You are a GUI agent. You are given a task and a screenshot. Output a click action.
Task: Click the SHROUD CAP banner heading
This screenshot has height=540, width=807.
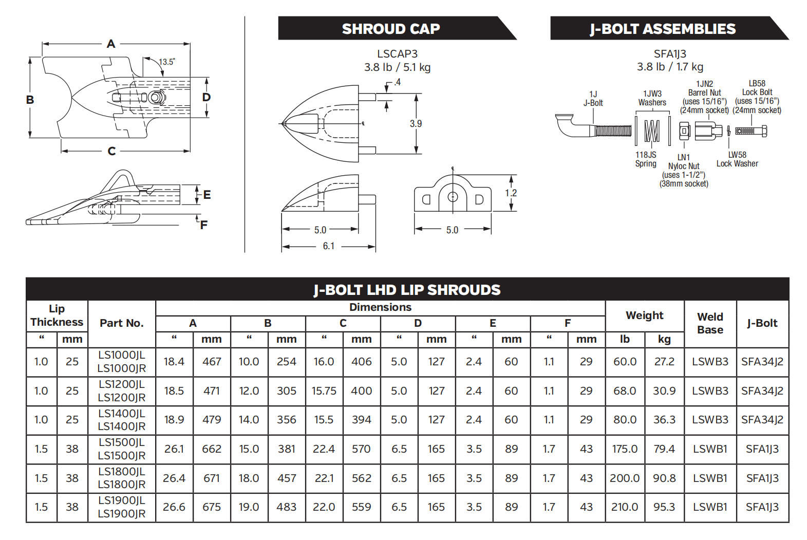[x=390, y=29]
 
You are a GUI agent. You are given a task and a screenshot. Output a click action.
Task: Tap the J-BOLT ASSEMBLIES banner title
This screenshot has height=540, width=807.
[x=663, y=29]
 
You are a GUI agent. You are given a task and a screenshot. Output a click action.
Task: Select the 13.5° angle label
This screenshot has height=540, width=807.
[x=166, y=62]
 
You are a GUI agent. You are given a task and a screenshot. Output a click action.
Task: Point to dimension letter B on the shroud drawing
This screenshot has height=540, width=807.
[x=30, y=100]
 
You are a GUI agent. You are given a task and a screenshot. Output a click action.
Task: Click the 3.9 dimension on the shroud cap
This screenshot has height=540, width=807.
[x=416, y=124]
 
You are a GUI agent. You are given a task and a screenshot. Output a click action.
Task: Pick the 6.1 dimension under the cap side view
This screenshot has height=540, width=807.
[x=329, y=246]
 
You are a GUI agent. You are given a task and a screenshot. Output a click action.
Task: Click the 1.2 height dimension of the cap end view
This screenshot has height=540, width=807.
[x=511, y=193]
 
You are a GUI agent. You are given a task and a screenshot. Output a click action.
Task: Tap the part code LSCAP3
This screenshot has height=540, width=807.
[x=397, y=54]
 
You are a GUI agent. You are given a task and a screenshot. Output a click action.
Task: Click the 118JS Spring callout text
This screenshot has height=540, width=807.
[x=646, y=159]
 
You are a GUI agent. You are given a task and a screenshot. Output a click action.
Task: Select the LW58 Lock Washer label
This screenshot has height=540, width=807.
[x=737, y=159]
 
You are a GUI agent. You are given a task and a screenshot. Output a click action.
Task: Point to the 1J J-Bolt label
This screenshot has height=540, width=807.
[x=593, y=99]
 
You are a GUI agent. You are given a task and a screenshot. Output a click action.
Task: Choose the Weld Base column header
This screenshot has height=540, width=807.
[x=710, y=323]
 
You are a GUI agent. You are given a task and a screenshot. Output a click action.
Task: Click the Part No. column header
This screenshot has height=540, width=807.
[x=121, y=323]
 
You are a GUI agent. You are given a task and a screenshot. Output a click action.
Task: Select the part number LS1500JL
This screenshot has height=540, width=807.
[x=122, y=442]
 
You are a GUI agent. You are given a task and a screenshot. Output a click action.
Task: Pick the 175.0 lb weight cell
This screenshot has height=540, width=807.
[x=625, y=449]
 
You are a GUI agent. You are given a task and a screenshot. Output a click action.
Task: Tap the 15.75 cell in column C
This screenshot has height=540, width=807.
[x=324, y=391]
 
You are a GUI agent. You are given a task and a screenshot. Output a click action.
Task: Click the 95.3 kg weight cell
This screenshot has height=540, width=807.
[x=664, y=507]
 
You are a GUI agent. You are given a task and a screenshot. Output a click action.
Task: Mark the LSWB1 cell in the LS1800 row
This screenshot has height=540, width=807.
[x=710, y=478]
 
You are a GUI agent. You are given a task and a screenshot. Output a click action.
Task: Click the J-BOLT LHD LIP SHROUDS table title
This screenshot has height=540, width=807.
[x=407, y=290]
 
